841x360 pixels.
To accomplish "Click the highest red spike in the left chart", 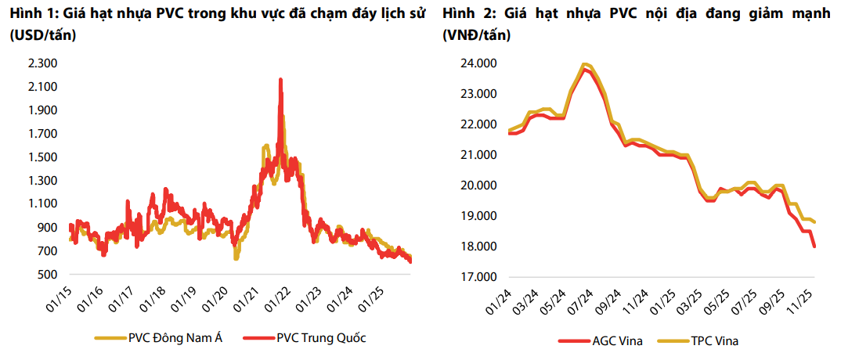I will click(281, 79).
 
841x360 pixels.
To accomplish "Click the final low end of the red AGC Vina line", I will click(814, 247).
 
